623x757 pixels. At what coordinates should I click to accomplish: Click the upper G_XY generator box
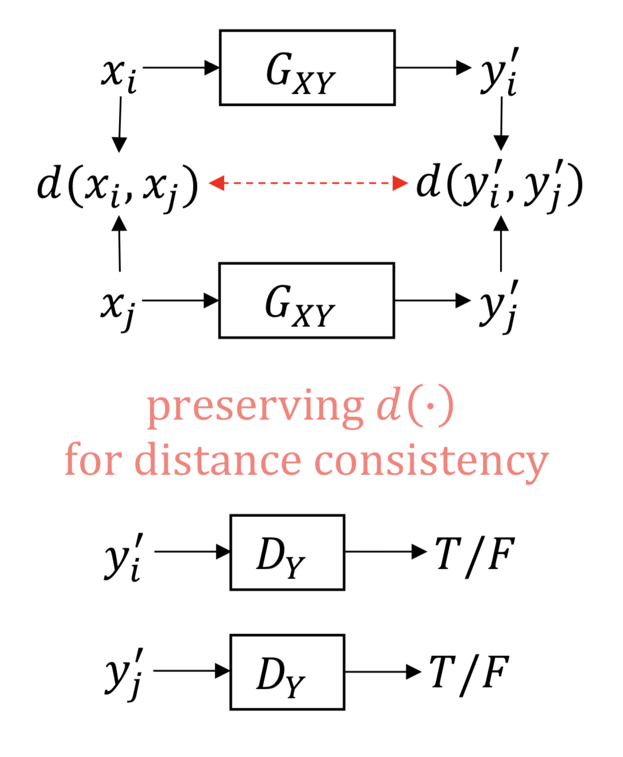[x=307, y=68]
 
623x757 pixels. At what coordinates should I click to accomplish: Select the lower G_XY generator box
[x=306, y=300]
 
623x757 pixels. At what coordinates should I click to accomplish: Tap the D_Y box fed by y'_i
[x=287, y=552]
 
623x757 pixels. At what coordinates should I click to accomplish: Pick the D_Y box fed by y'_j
[x=287, y=672]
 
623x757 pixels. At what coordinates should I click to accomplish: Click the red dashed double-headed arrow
[x=308, y=183]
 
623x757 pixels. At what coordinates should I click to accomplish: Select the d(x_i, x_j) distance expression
[x=118, y=185]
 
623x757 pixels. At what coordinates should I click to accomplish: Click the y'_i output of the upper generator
[x=499, y=74]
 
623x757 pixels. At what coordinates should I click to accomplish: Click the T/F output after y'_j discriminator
[x=469, y=673]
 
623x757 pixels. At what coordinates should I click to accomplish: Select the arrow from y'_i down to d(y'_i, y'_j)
[x=501, y=123]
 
